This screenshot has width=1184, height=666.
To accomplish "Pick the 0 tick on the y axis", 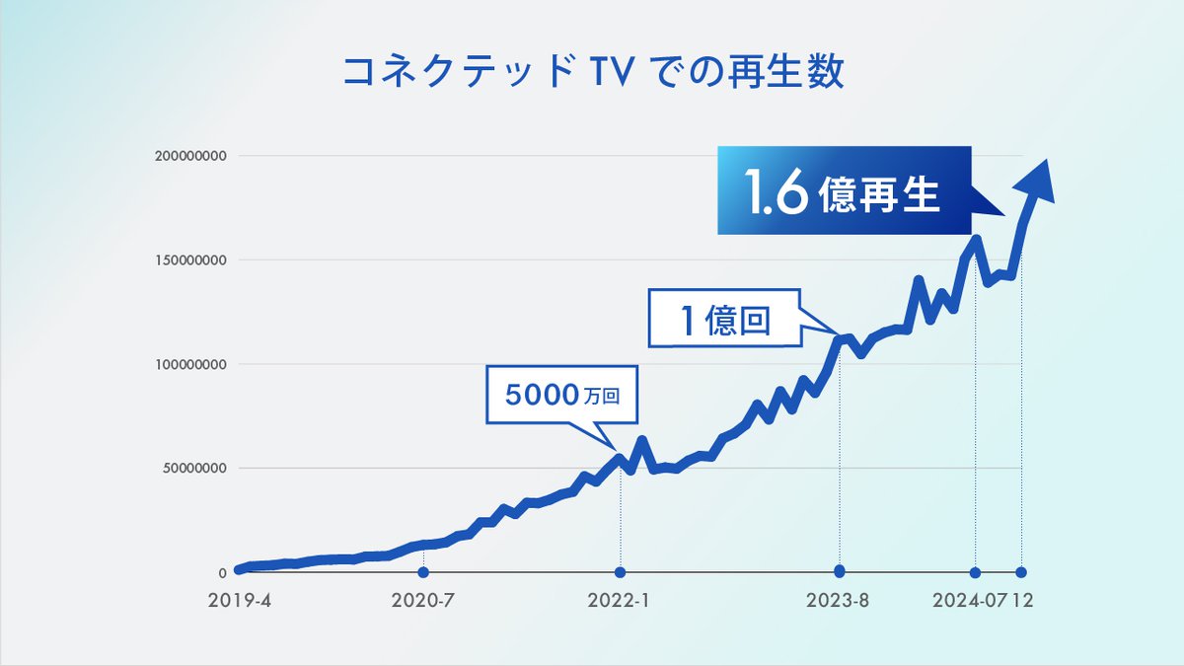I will pos(223,572).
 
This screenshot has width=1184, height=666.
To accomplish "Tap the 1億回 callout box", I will pos(726,318).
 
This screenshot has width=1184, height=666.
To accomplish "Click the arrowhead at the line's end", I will pos(1034,183).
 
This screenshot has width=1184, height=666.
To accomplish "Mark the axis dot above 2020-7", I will pos(423,572).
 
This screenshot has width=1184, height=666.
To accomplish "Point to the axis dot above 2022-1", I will pos(620,572).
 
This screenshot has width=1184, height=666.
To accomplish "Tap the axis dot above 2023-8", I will pos(840,571).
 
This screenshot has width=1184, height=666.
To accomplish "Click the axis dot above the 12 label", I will pos(1021,572).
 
